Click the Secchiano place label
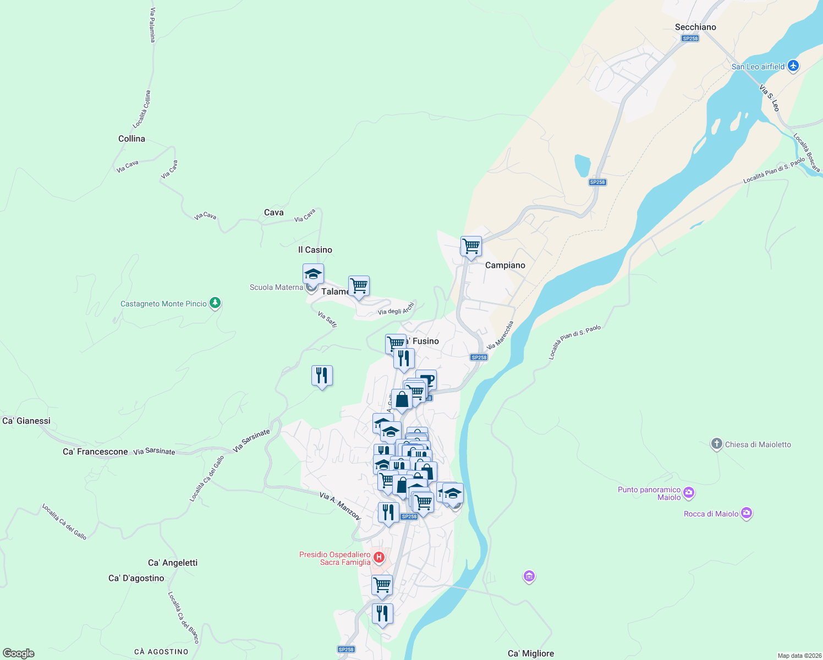click(x=695, y=27)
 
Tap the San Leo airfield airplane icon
click(x=793, y=66)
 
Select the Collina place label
click(x=131, y=139)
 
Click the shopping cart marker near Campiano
click(x=471, y=246)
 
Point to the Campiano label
click(x=505, y=265)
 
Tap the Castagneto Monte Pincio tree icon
click(x=215, y=303)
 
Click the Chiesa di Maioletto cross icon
click(x=716, y=444)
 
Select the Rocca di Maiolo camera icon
click(x=746, y=513)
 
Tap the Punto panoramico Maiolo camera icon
click(x=689, y=492)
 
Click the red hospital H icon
click(x=378, y=558)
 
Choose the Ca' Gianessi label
click(x=26, y=421)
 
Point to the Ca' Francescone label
click(x=95, y=452)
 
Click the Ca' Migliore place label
click(x=531, y=653)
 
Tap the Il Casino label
click(x=315, y=250)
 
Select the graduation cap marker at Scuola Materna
click(x=313, y=273)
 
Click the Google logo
click(x=19, y=653)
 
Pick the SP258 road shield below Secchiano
click(x=690, y=38)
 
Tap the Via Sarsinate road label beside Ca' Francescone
click(x=154, y=452)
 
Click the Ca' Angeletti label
click(x=173, y=563)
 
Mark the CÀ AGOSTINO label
click(x=161, y=652)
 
